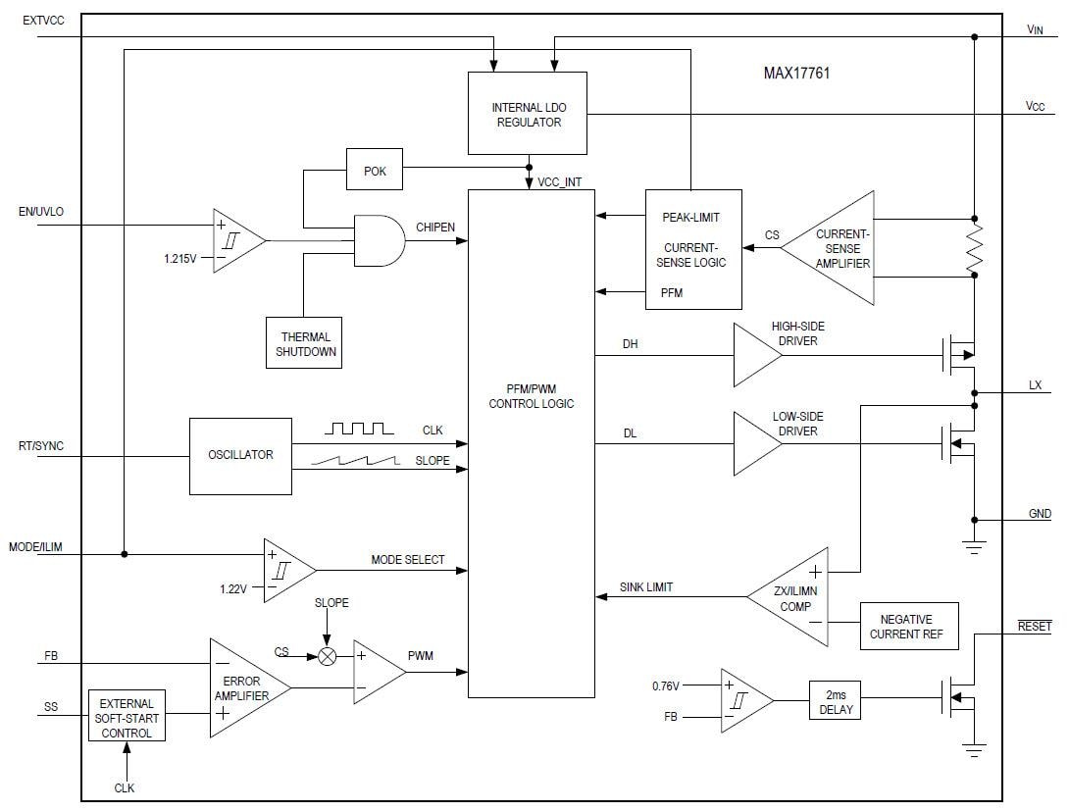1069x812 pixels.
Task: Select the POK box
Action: [x=375, y=171]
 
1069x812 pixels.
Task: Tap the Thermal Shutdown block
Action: [x=304, y=342]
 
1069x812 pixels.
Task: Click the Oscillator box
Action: [x=240, y=455]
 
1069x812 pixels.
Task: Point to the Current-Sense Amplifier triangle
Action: [x=834, y=248]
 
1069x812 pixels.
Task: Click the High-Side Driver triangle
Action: [x=756, y=355]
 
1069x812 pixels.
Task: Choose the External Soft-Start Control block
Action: [x=127, y=718]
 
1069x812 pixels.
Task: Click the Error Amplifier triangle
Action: [x=245, y=688]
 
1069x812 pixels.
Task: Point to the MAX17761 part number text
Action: [x=797, y=73]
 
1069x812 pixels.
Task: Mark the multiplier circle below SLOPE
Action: [x=330, y=656]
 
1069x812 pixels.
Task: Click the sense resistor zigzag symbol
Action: [x=974, y=247]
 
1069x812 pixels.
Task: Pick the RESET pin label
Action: [x=1035, y=626]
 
